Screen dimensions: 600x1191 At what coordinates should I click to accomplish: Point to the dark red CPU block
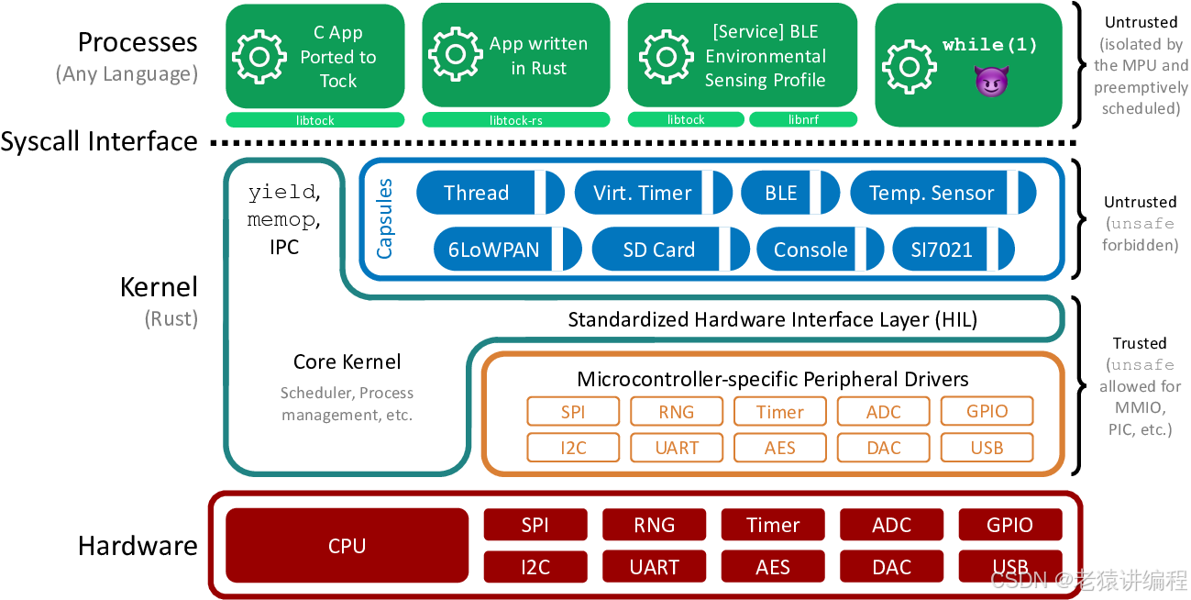point(347,546)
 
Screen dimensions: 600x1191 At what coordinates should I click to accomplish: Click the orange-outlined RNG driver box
point(677,412)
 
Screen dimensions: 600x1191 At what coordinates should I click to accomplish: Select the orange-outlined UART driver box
point(677,448)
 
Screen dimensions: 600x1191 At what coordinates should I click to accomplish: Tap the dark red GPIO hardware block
point(1009,525)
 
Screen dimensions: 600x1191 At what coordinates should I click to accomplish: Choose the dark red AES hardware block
point(773,567)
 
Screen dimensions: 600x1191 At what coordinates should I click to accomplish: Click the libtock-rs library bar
point(515,120)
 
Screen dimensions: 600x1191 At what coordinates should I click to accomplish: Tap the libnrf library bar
point(802,120)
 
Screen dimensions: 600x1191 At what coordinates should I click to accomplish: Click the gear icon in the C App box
point(259,56)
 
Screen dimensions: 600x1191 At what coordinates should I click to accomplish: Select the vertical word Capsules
point(385,218)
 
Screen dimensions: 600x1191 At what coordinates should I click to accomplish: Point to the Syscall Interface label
point(99,141)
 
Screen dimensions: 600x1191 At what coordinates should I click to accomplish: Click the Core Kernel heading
point(347,361)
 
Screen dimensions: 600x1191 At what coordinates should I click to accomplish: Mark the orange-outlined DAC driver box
point(884,448)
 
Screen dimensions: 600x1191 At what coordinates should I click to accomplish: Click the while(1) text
point(990,45)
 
